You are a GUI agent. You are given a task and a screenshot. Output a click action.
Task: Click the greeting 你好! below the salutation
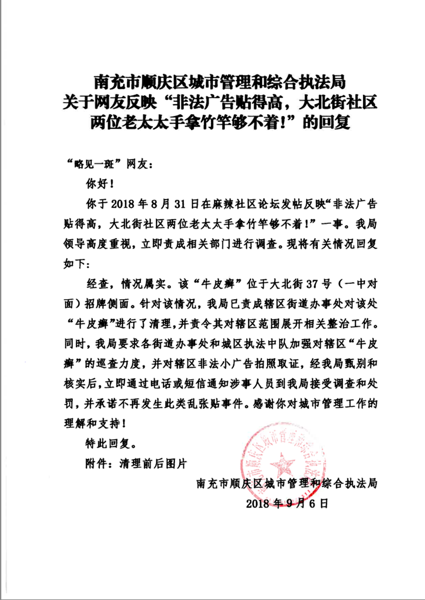click(99, 184)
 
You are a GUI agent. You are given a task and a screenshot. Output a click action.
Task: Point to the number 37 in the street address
click(312, 284)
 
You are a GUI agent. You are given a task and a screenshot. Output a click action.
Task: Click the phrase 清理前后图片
click(153, 463)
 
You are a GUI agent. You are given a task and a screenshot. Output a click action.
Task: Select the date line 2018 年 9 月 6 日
click(287, 503)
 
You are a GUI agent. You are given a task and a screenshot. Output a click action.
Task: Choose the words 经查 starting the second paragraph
click(98, 284)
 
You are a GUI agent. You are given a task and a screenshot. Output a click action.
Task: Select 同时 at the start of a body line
click(75, 344)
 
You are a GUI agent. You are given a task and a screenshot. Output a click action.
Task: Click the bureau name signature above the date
click(287, 483)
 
